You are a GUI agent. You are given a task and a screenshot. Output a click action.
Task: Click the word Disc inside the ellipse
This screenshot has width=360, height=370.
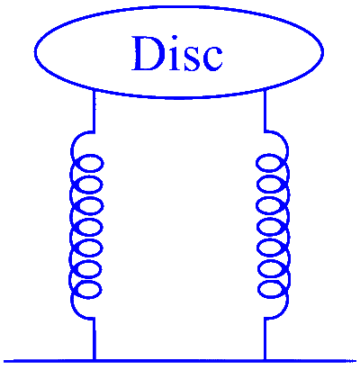point(177,53)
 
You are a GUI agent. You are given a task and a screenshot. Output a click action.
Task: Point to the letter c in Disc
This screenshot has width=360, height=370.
point(211,59)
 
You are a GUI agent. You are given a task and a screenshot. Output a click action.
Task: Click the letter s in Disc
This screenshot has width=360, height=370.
point(191,59)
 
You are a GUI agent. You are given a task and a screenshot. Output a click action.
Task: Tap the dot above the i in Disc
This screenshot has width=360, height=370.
point(175,38)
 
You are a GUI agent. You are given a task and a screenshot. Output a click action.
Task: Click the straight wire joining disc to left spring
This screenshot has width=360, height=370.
point(94,111)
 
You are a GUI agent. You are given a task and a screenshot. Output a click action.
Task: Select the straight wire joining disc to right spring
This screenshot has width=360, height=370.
point(265,110)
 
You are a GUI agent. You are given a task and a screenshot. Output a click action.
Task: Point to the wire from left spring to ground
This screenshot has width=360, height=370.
point(94,338)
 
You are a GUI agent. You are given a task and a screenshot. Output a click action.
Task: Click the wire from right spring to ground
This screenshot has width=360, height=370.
point(265,338)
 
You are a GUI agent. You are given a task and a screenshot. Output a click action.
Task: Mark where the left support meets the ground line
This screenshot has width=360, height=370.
point(94,360)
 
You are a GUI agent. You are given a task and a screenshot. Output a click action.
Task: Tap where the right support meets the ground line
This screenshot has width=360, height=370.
point(265,360)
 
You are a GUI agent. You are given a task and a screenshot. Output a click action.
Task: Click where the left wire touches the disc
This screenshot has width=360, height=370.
point(94,89)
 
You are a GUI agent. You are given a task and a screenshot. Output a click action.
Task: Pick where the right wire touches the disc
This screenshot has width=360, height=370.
point(265,88)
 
